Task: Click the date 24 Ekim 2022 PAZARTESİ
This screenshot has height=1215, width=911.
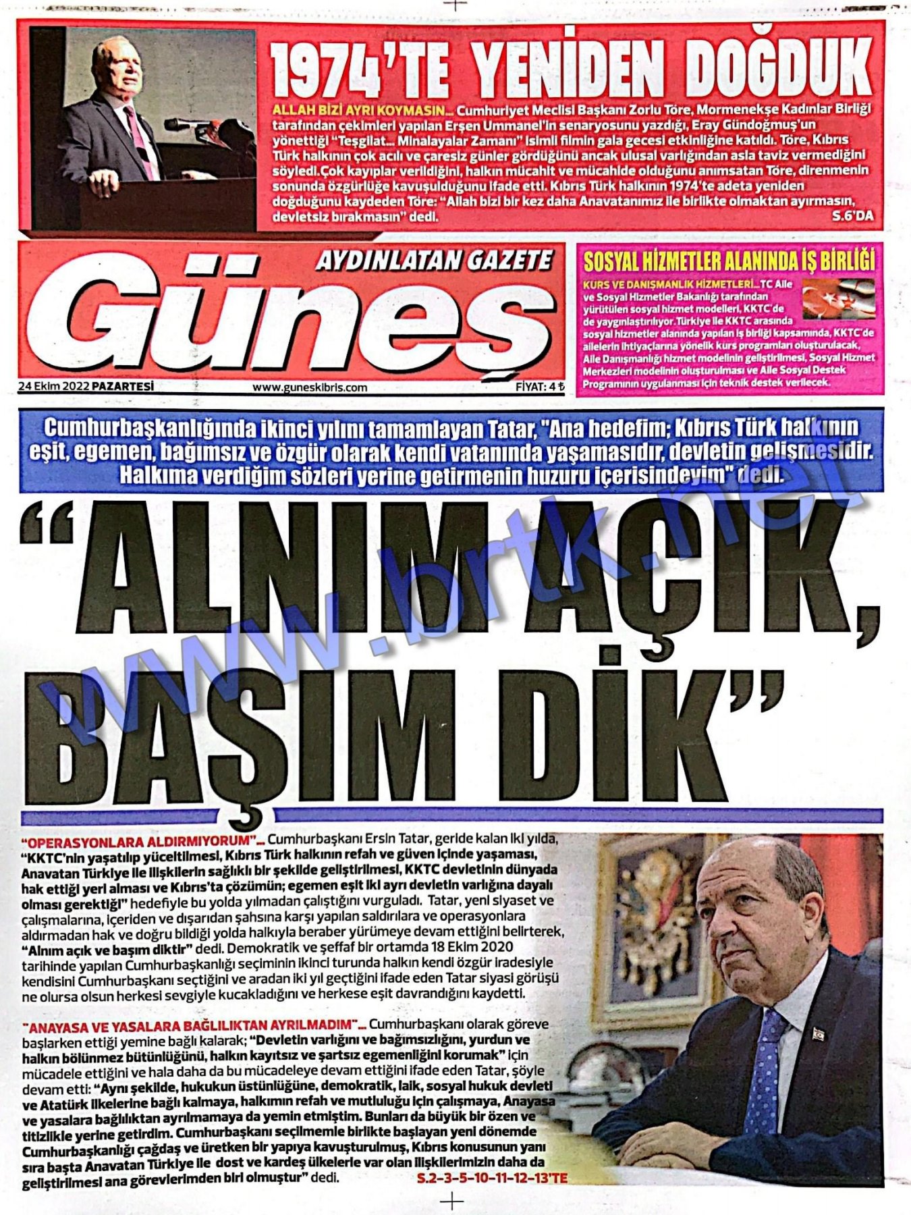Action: click(x=86, y=387)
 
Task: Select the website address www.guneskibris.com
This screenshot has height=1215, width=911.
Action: click(x=310, y=387)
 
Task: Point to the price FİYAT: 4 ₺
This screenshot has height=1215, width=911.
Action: click(x=539, y=387)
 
